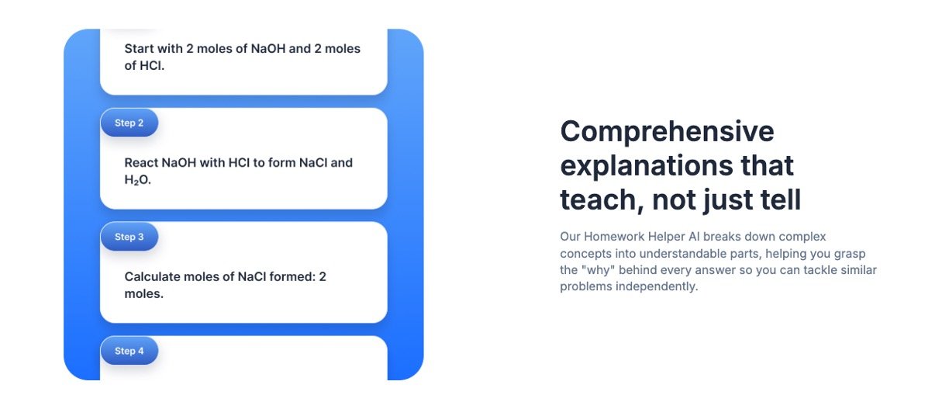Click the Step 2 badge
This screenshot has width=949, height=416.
point(129,123)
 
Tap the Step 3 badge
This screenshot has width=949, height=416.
point(129,237)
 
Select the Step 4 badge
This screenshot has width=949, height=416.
point(129,351)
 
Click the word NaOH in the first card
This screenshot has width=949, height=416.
point(268,49)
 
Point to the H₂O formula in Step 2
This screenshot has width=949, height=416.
point(138,180)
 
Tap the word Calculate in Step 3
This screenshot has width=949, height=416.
point(151,277)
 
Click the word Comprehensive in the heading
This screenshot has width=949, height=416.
point(668,132)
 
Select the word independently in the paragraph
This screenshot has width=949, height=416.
point(657,286)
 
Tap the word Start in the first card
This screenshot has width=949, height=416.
point(140,49)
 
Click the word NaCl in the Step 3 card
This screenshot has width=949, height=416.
point(252,277)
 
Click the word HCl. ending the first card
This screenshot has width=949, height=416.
point(152,66)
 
